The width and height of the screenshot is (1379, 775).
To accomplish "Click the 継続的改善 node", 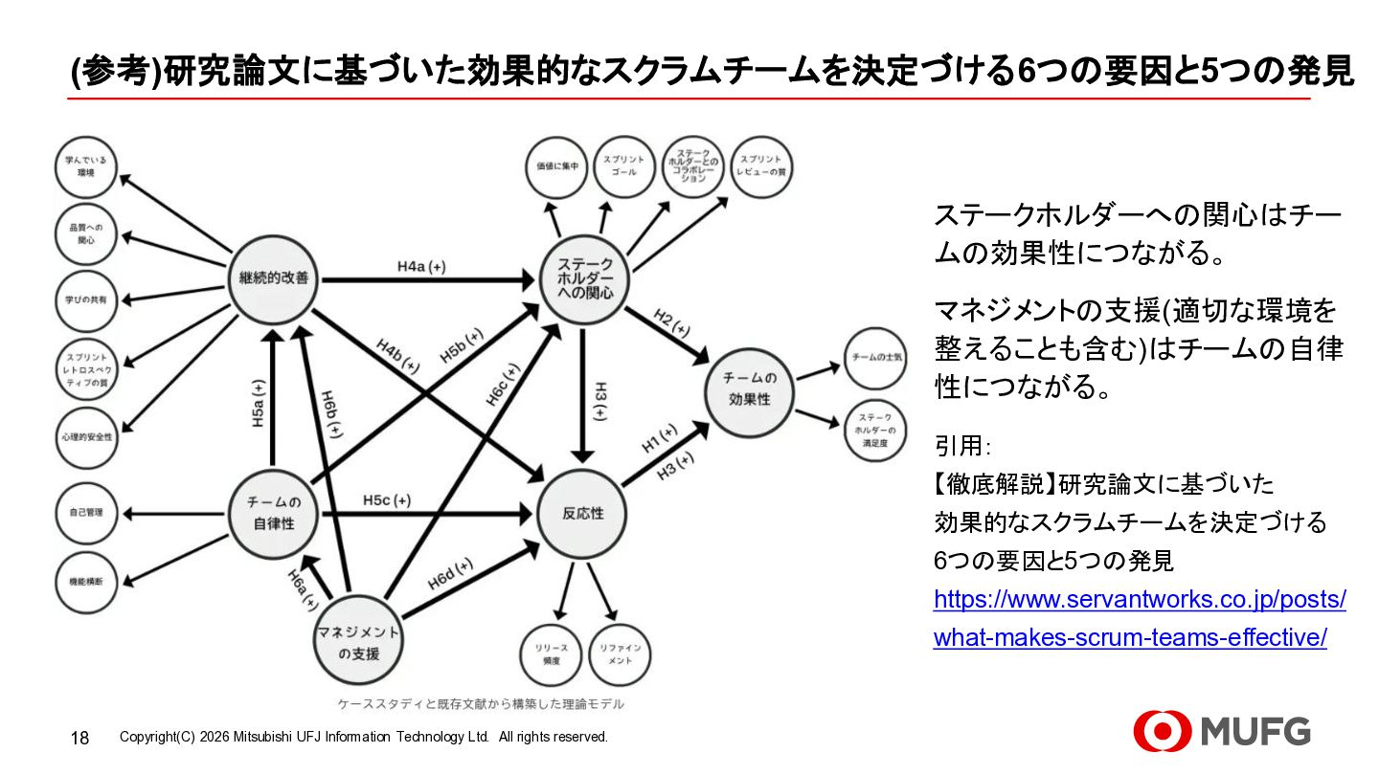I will coord(274,278).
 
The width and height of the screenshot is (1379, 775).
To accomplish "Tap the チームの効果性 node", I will coord(751,389).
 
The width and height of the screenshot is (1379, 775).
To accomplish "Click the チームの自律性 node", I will coord(274,514).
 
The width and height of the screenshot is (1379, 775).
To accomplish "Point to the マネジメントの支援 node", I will coord(358,643).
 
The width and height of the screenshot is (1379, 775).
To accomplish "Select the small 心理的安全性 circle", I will coord(86,436).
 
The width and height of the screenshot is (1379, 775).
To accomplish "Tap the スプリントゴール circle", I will coord(623,166).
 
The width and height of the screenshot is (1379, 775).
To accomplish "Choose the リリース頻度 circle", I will coord(551,655).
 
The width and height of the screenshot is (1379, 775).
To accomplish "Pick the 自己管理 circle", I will coord(86,513).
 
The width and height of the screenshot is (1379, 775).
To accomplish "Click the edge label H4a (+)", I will coord(421,267).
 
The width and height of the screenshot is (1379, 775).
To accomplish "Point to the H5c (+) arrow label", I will coord(387,500).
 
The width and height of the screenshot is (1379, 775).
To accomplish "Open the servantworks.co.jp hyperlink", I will coord(1140,618).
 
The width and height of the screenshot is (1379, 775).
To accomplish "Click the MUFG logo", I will coord(1222,732).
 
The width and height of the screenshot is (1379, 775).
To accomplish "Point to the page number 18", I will coord(80,738).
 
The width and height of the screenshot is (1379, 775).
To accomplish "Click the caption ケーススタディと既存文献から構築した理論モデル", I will coord(480,704).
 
